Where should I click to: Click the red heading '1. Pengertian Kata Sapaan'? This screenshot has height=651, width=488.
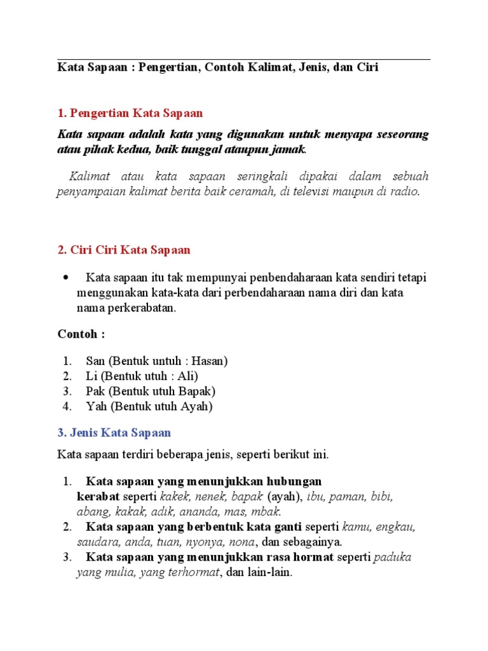[130, 113]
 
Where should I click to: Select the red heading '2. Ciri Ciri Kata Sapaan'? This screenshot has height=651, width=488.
[124, 250]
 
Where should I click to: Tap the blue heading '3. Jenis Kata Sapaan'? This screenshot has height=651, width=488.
[114, 433]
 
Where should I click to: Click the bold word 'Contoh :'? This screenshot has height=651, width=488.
[81, 334]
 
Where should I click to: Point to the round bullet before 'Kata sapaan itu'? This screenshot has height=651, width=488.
[66, 278]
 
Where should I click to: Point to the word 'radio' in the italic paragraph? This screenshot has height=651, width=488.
[404, 192]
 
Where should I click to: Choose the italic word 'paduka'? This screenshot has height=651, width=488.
[393, 558]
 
